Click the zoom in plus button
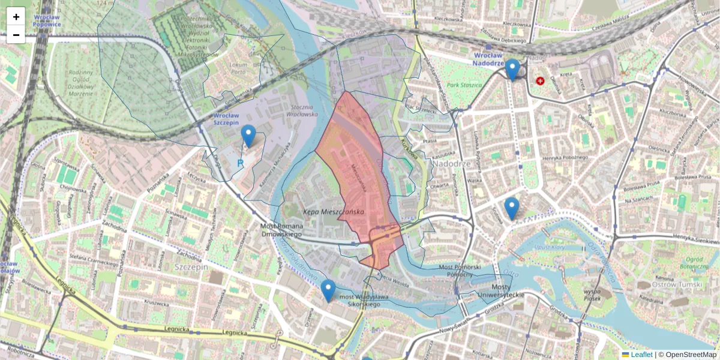click(x=16, y=17)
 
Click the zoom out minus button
click(x=16, y=35)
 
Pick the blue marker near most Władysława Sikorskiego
click(x=328, y=290)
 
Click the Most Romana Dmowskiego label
click(x=281, y=230)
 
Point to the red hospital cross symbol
click(x=540, y=80)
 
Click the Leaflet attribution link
click(x=641, y=355)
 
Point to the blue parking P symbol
click(x=240, y=163)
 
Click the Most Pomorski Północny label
click(x=460, y=270)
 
